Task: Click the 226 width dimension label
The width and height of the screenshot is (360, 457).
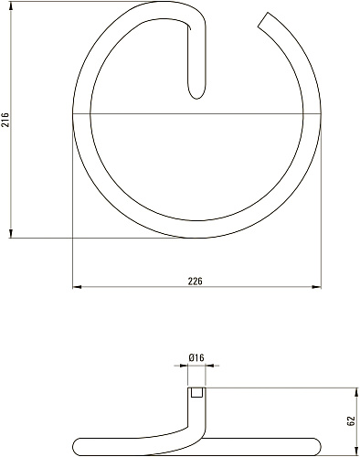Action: pos(195,282)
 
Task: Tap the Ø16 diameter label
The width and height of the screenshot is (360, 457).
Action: pos(196,357)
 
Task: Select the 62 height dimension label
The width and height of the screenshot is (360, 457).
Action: pos(351,420)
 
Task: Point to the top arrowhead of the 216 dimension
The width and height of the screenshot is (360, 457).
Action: pos(11,5)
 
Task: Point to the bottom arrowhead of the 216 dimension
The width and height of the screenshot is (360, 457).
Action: pos(11,233)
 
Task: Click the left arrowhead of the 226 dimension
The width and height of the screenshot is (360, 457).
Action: pos(77,287)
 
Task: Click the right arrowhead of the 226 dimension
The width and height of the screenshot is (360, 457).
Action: pos(317,287)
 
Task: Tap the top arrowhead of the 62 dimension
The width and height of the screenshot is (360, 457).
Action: pos(356,392)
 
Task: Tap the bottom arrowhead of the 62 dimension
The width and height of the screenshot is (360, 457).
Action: pos(356,452)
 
